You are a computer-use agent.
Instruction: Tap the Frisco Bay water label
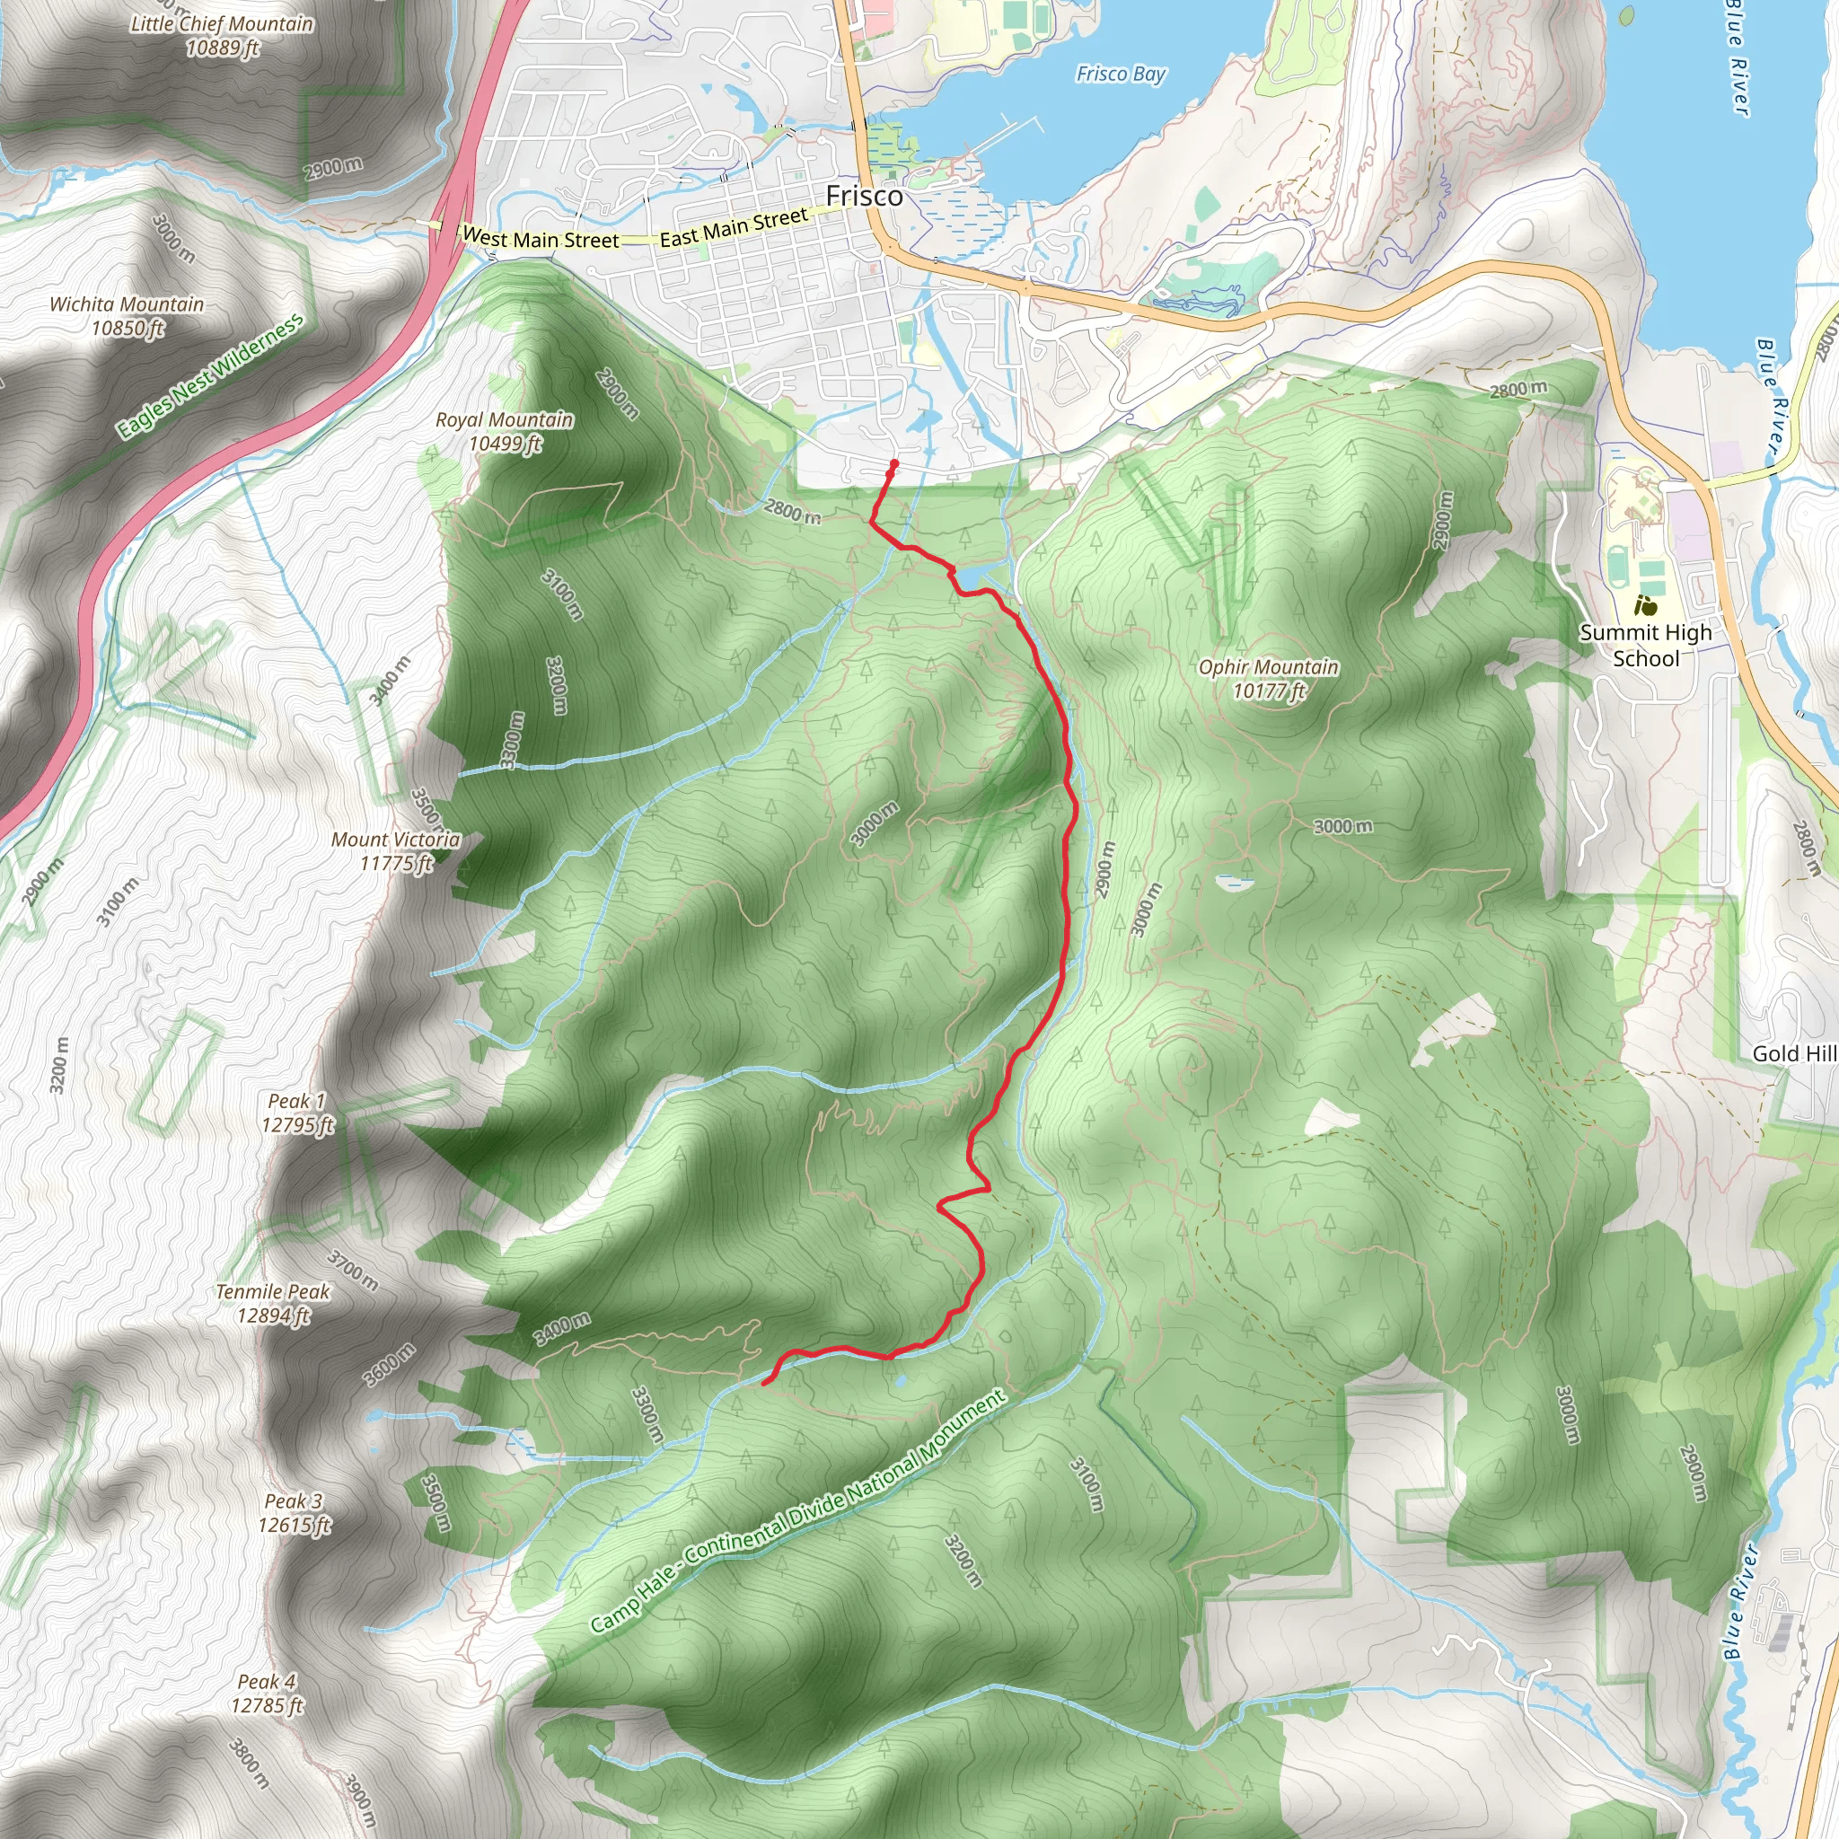[1121, 75]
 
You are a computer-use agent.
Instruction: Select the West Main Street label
[540, 239]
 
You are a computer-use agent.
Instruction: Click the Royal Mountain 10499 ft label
[505, 431]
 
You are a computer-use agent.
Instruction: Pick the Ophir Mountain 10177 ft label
[1268, 679]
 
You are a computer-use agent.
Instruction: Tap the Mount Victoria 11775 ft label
[396, 851]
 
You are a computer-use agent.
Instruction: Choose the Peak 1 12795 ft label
[298, 1113]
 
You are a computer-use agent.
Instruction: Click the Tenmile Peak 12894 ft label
[273, 1303]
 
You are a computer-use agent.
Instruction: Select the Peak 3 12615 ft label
[295, 1512]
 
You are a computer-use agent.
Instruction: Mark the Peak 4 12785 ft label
[267, 1694]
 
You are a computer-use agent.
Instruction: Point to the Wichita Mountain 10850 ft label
[128, 316]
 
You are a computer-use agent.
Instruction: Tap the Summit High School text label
[1645, 645]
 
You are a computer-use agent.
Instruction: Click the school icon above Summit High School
[1645, 604]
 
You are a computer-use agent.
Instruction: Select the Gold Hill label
[1794, 1053]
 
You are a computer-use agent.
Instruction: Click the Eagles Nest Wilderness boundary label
[210, 377]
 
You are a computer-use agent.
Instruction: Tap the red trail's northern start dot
[893, 464]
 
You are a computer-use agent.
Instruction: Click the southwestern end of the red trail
[764, 1384]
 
